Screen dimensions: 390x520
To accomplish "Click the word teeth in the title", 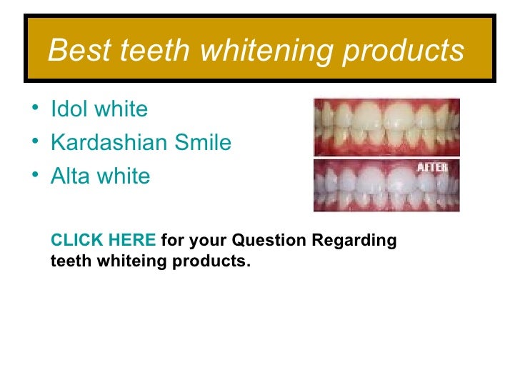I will pyautogui.click(x=155, y=51).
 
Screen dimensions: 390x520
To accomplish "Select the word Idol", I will pyautogui.click(x=68, y=109).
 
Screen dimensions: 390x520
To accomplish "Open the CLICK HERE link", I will pyautogui.click(x=103, y=241).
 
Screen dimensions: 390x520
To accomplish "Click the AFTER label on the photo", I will pyautogui.click(x=432, y=168).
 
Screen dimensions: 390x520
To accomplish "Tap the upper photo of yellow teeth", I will pyautogui.click(x=386, y=126).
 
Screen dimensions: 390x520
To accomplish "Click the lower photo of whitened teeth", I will pyautogui.click(x=386, y=185).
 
